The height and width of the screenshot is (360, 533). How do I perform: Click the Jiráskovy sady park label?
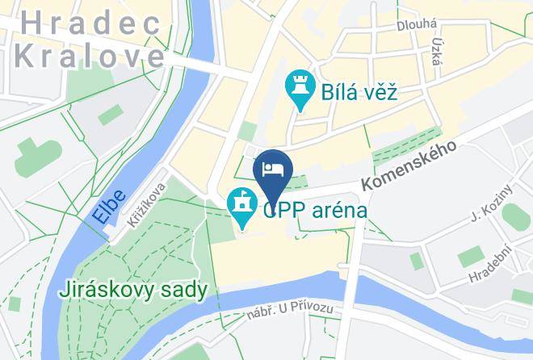tap(133, 289)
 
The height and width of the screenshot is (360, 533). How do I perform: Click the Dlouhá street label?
tap(417, 26)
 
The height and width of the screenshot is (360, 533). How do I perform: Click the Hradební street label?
tap(493, 263)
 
